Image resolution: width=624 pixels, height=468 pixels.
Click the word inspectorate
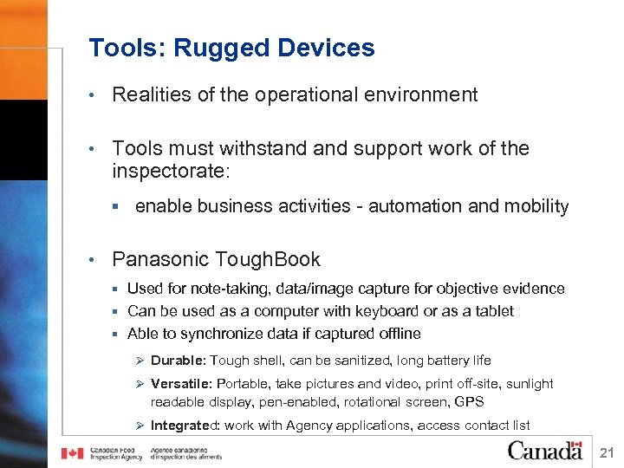[x=169, y=172]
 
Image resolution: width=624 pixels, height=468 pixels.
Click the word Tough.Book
[x=268, y=259]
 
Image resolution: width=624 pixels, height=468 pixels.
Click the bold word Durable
[x=178, y=361]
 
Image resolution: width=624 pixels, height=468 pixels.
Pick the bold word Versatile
[x=181, y=384]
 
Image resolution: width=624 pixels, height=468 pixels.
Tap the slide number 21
[x=607, y=452]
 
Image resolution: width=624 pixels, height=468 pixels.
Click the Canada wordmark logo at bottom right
[x=544, y=450]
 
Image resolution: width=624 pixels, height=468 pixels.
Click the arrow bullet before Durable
[x=139, y=361]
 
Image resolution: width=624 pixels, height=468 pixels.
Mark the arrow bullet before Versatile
[x=139, y=384]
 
